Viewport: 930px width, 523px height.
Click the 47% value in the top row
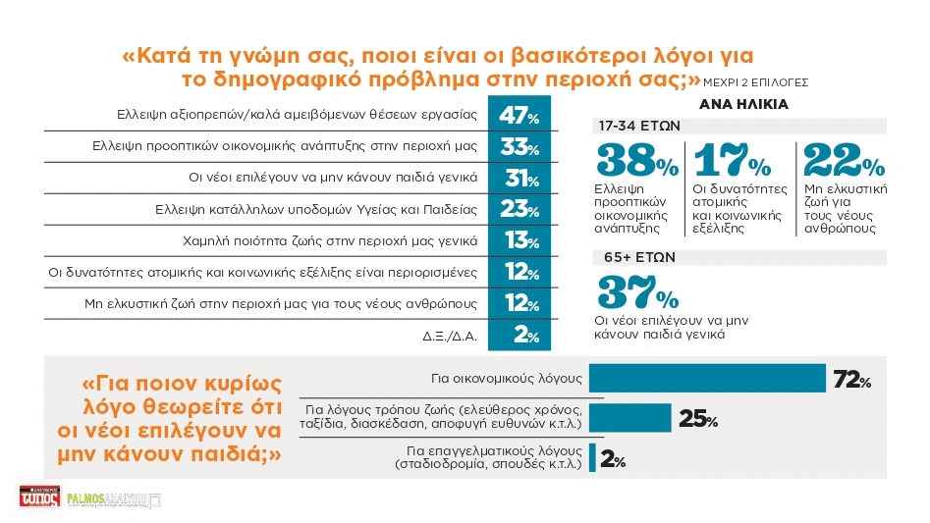pyautogui.click(x=520, y=116)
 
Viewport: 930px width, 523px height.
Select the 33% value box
pyautogui.click(x=520, y=148)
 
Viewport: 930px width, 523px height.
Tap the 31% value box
pyautogui.click(x=520, y=180)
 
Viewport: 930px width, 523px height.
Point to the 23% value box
pyautogui.click(x=520, y=210)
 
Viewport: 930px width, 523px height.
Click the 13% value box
pyautogui.click(x=520, y=241)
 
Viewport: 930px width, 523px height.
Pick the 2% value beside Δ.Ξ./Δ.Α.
pyautogui.click(x=520, y=336)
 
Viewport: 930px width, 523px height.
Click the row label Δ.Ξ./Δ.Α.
pyautogui.click(x=450, y=336)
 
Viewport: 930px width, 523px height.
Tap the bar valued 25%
pyautogui.click(x=630, y=418)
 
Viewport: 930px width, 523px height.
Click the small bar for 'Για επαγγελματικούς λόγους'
pyautogui.click(x=592, y=458)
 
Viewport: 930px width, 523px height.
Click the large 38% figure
pyautogui.click(x=635, y=161)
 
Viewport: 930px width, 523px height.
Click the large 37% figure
pyautogui.click(x=636, y=292)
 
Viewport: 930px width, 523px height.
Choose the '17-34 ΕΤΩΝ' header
pyautogui.click(x=638, y=127)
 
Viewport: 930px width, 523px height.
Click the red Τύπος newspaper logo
pyautogui.click(x=39, y=498)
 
